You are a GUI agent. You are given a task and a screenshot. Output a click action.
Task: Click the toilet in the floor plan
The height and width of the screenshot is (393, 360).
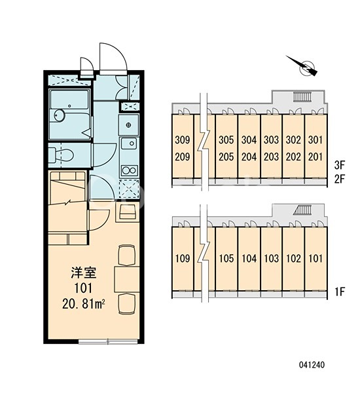pyautogui.click(x=61, y=155)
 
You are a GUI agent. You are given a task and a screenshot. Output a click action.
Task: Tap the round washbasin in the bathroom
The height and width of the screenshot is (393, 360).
pyautogui.click(x=60, y=116)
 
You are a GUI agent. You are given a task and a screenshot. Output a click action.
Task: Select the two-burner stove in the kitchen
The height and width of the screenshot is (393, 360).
pyautogui.click(x=129, y=171)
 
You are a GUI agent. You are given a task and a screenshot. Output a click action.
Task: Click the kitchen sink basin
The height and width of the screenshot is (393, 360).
pyautogui.click(x=129, y=144)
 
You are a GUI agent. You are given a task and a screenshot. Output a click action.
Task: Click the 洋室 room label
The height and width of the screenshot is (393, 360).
pyautogui.click(x=84, y=273)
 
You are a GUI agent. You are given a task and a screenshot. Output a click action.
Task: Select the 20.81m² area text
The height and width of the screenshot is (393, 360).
pyautogui.click(x=83, y=304)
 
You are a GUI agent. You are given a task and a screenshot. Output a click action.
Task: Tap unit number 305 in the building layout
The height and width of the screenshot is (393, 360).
pyautogui.click(x=226, y=140)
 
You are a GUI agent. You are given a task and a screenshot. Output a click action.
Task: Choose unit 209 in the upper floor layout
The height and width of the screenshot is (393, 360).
pyautogui.click(x=183, y=157)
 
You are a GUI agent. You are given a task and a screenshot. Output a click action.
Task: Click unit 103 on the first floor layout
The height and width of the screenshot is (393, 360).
pyautogui.click(x=272, y=258)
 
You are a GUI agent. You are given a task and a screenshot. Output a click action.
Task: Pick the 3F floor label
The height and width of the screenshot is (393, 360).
pyautogui.click(x=340, y=165)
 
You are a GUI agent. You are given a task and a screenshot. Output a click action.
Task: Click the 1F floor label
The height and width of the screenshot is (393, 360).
pyautogui.click(x=340, y=291)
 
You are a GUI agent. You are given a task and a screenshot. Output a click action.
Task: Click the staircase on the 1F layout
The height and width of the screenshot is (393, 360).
pyautogui.click(x=303, y=210)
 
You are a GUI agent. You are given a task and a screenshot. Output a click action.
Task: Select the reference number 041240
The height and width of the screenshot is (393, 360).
pyautogui.click(x=312, y=365)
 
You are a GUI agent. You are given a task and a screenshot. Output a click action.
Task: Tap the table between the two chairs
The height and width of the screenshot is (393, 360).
pyautogui.click(x=127, y=280)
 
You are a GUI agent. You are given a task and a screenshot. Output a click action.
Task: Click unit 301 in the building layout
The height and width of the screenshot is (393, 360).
pyautogui.click(x=315, y=140)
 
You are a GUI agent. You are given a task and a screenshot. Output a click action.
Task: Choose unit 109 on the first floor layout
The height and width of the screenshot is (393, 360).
pyautogui.click(x=183, y=258)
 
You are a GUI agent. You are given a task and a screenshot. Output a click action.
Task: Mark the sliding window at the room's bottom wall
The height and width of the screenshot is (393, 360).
pyautogui.click(x=108, y=341)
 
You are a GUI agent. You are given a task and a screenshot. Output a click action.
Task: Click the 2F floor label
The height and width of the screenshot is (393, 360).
pyautogui.click(x=340, y=179)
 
